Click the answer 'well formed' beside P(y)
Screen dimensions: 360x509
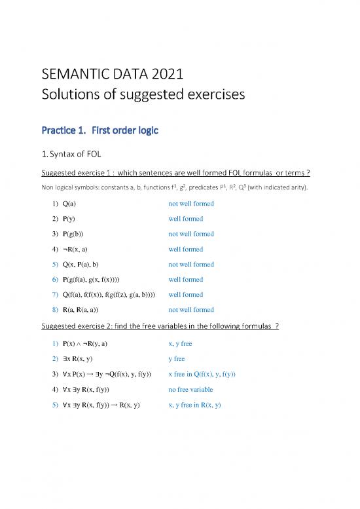pyautogui.click(x=186, y=219)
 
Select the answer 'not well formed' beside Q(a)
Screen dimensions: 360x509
pyautogui.click(x=191, y=203)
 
